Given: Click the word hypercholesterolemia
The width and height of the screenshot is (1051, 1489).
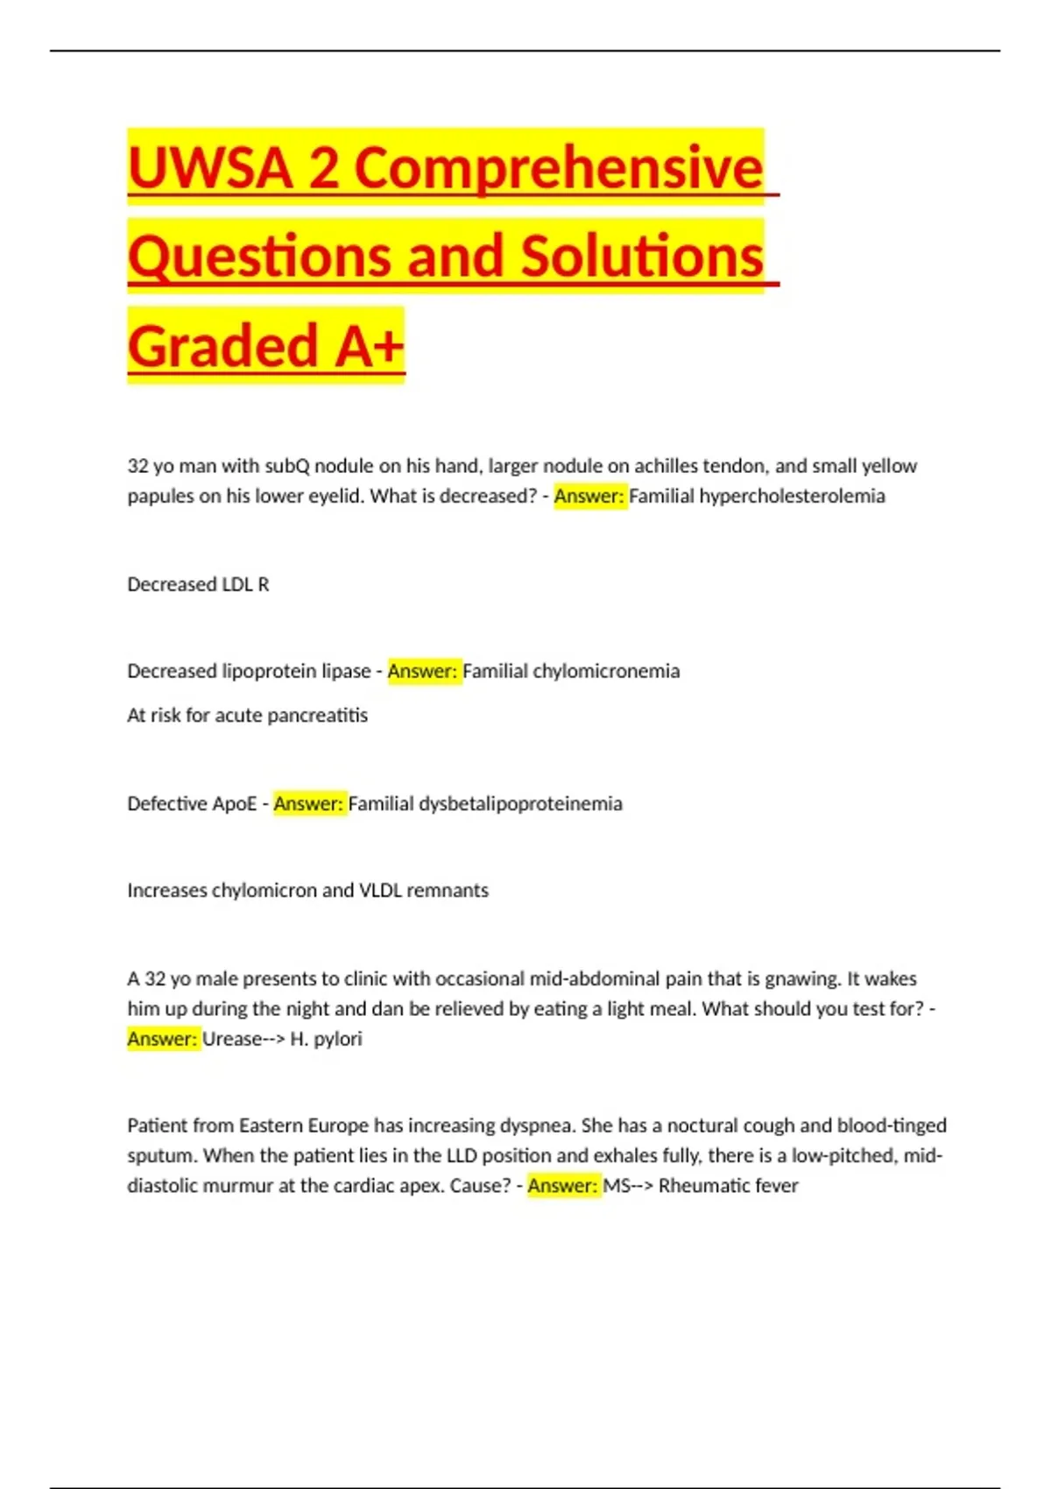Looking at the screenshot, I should tap(792, 496).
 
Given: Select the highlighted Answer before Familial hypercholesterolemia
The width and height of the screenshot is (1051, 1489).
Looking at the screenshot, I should tap(589, 496).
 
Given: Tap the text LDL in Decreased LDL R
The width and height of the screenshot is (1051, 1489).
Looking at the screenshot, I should tap(236, 584).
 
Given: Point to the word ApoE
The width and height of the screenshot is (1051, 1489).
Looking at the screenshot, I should tap(234, 803).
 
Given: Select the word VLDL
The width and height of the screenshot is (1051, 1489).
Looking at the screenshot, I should tap(380, 890).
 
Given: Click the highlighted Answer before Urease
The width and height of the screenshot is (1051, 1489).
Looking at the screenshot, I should tap(163, 1039).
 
